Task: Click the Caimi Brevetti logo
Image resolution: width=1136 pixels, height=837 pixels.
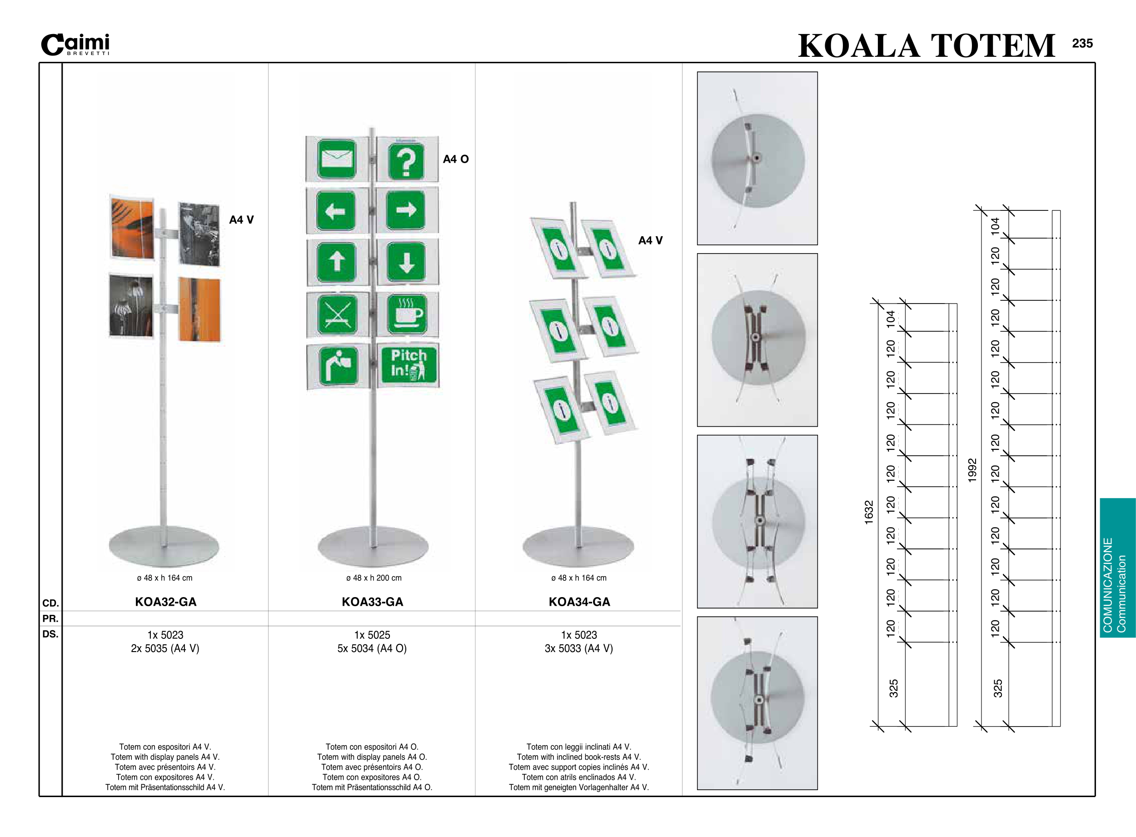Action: point(75,45)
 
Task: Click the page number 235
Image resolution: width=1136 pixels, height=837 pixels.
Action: point(1082,44)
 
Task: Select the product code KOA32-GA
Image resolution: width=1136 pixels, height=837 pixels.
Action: point(165,602)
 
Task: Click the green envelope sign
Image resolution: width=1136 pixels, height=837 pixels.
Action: point(336,159)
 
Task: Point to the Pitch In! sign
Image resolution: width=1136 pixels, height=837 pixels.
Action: point(408,364)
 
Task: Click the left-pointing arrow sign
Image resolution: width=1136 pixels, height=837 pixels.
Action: point(335,211)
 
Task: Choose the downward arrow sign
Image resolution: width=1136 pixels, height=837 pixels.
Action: point(406,262)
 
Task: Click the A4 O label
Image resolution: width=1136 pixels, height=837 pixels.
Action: point(455,159)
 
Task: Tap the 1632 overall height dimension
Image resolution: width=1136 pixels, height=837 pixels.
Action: point(868,512)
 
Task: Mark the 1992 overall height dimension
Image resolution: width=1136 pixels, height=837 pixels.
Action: point(972,470)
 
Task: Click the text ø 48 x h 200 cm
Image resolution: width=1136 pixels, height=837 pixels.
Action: point(374,578)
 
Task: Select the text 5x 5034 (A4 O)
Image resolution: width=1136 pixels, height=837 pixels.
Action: point(372,648)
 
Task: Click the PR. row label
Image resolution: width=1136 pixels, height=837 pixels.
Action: point(50,618)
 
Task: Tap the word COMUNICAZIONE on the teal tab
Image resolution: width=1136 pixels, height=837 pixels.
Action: point(1108,585)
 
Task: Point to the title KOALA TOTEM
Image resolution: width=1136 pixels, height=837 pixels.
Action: point(926,45)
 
